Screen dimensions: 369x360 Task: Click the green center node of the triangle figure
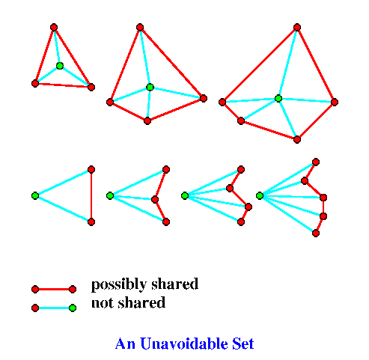[x=60, y=66]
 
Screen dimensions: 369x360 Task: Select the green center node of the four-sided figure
[x=150, y=87]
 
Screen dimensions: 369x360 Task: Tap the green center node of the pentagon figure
[x=278, y=98]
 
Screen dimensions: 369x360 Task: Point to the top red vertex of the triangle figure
[x=54, y=27]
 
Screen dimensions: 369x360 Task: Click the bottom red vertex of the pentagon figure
[x=297, y=139]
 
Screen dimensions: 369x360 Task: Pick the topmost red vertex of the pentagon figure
[x=297, y=27]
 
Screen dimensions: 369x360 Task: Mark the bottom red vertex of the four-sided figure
[x=147, y=121]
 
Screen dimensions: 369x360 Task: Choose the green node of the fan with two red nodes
[x=35, y=196]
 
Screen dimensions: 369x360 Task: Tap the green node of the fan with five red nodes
[x=260, y=196]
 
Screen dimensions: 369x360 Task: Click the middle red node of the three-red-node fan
[x=155, y=199]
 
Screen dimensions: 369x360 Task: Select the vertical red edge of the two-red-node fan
[x=91, y=196]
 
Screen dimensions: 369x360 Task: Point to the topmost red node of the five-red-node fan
[x=316, y=162]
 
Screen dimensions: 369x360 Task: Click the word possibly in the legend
[x=119, y=284]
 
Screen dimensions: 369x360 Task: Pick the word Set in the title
[x=243, y=344]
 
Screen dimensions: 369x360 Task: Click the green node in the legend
[x=73, y=308]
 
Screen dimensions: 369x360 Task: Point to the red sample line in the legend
[x=54, y=290]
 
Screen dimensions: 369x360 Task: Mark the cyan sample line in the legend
[x=54, y=308]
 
